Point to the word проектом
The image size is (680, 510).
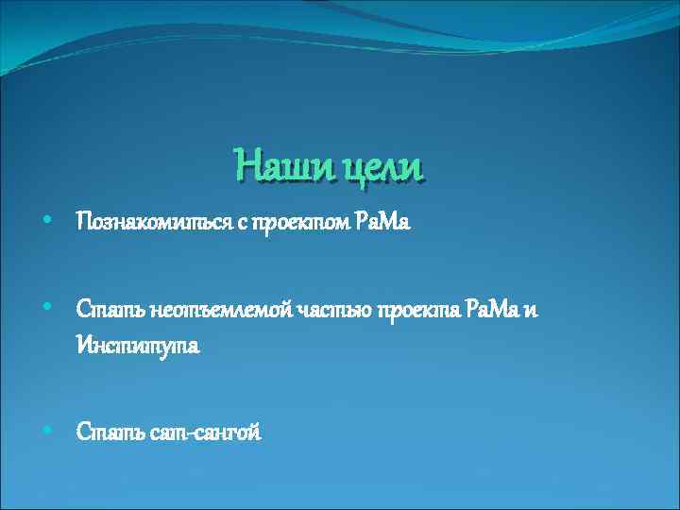305,222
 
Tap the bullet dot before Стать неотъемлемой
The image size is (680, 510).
47,308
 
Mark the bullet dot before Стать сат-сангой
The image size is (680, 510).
47,430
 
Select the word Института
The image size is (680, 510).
138,347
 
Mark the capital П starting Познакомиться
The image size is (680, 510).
84,222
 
